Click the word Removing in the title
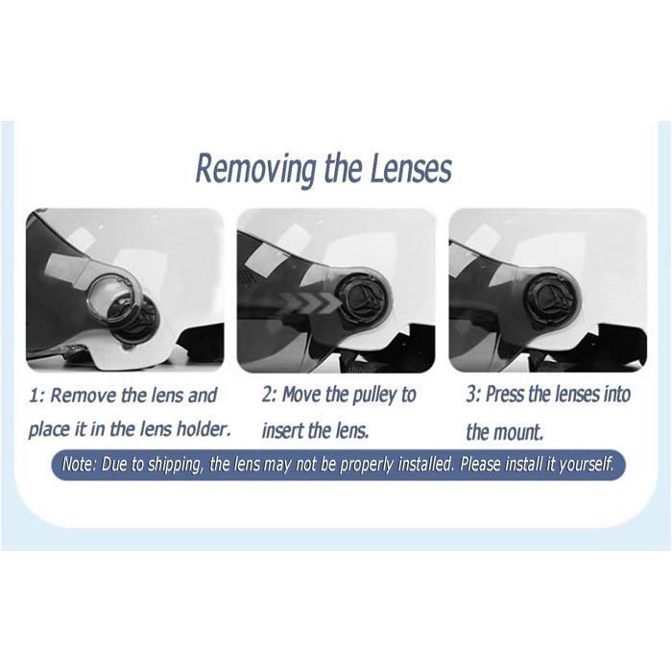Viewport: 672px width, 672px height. [256, 170]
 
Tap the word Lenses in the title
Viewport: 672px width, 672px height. [410, 168]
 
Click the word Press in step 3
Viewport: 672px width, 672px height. [506, 394]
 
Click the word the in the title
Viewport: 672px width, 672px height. [344, 168]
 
